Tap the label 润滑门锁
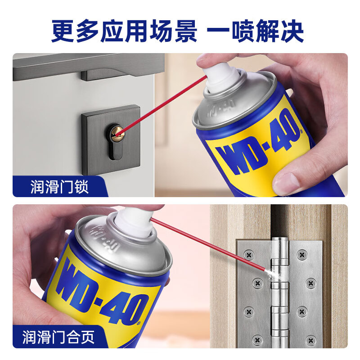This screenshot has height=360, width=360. pyautogui.click(x=60, y=187)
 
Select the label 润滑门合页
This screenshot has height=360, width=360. pyautogui.click(x=58, y=337)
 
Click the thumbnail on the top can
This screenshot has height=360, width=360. pyautogui.click(x=287, y=181)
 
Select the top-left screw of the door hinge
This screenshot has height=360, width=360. pyautogui.click(x=249, y=254)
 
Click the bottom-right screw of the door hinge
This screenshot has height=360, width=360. pyautogui.click(x=311, y=340)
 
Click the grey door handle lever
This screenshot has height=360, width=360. pyautogui.click(x=88, y=67)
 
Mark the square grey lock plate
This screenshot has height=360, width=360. pyautogui.click(x=111, y=139)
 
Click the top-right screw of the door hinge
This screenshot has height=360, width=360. pyautogui.click(x=302, y=254)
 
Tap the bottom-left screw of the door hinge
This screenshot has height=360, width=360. pyautogui.click(x=257, y=339)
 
